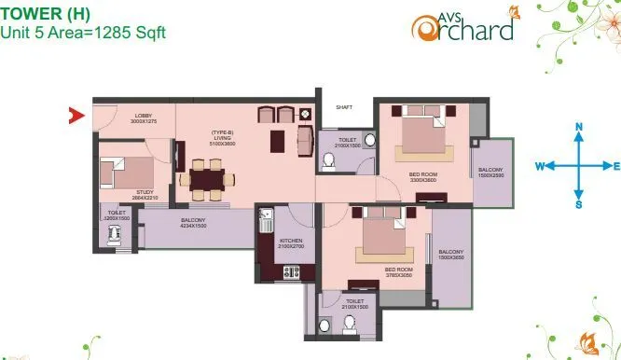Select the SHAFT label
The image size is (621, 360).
pyautogui.click(x=344, y=107)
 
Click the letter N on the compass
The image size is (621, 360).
pyautogui.click(x=578, y=126)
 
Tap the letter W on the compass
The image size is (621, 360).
pyautogui.click(x=539, y=166)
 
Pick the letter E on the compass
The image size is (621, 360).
pyautogui.click(x=617, y=166)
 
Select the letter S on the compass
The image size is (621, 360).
pyautogui.click(x=578, y=204)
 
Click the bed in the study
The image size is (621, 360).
pyautogui.click(x=129, y=173)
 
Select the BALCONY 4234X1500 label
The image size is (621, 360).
pyautogui.click(x=192, y=223)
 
